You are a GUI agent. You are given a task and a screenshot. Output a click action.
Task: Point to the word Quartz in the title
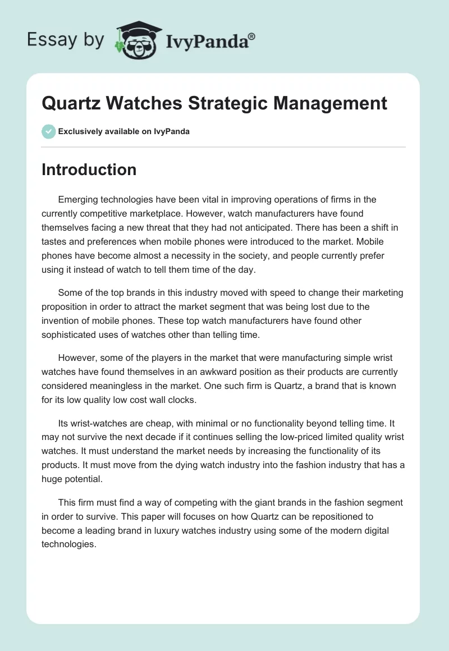tap(68, 103)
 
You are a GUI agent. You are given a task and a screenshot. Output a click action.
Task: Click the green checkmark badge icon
tap(48, 131)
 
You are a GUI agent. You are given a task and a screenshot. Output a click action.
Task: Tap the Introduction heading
tap(89, 169)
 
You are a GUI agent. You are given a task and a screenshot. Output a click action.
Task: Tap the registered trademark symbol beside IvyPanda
tap(252, 36)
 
